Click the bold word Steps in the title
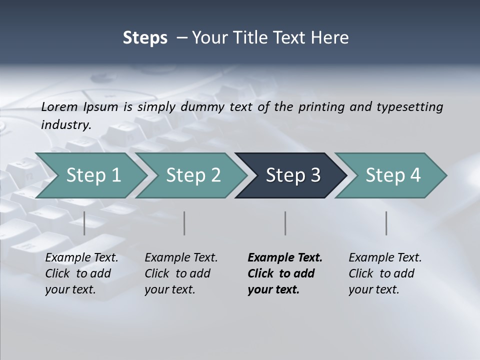[x=145, y=37]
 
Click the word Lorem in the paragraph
[x=59, y=106]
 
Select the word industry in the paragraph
[x=66, y=124]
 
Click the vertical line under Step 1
[x=84, y=223]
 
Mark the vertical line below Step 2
[x=184, y=223]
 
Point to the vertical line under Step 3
[x=285, y=223]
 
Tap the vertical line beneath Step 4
[x=386, y=223]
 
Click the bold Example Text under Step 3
[x=285, y=257]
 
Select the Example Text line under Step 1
[x=82, y=257]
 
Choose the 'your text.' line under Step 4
[x=373, y=289]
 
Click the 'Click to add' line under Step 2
[x=177, y=273]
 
